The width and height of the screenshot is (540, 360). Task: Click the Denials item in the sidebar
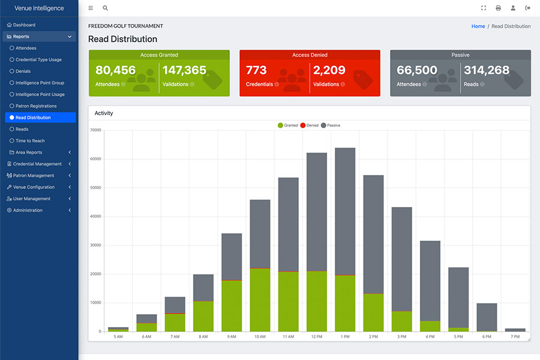pyautogui.click(x=23, y=71)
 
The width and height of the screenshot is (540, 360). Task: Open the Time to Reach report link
pyautogui.click(x=30, y=140)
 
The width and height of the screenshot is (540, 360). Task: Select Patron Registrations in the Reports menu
pyautogui.click(x=36, y=106)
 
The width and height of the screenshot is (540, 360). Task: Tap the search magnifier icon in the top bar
pyautogui.click(x=106, y=8)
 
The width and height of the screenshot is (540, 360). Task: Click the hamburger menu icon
pyautogui.click(x=91, y=8)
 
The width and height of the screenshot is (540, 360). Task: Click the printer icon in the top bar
pyautogui.click(x=499, y=8)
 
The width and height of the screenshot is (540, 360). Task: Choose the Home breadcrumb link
pyautogui.click(x=478, y=26)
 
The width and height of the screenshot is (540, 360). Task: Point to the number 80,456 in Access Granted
pyautogui.click(x=116, y=70)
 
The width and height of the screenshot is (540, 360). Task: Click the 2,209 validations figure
pyautogui.click(x=329, y=70)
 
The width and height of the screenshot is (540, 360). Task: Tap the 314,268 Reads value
pyautogui.click(x=487, y=70)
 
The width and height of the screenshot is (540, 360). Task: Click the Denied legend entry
pyautogui.click(x=309, y=125)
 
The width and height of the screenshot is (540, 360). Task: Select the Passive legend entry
pyautogui.click(x=331, y=125)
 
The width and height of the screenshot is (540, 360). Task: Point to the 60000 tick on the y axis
pyautogui.click(x=96, y=159)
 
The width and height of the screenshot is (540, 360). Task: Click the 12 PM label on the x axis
pyautogui.click(x=317, y=337)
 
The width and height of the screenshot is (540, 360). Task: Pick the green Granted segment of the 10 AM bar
pyautogui.click(x=260, y=300)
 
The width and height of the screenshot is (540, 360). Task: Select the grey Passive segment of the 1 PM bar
pyautogui.click(x=345, y=212)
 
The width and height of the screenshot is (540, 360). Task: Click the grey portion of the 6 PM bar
pyautogui.click(x=487, y=317)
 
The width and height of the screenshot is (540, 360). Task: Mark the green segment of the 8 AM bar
pyautogui.click(x=203, y=317)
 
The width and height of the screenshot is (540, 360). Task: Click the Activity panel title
pyautogui.click(x=104, y=113)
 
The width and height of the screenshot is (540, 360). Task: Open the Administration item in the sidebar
pyautogui.click(x=28, y=210)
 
